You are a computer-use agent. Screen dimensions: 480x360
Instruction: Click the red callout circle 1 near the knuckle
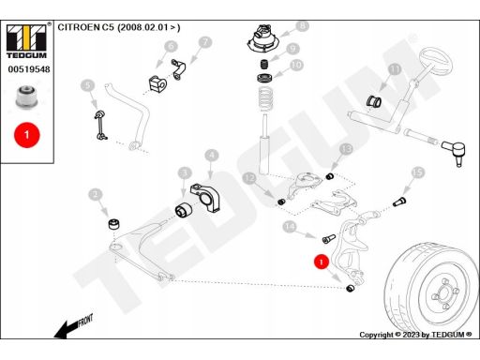pos(322,262)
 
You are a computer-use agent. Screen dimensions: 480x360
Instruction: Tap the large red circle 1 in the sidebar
pos(27,135)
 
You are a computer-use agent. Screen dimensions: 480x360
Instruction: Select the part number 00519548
pos(29,69)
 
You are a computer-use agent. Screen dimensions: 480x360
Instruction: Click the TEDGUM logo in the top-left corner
pos(26,41)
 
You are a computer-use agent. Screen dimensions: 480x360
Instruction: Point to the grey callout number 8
pos(302,26)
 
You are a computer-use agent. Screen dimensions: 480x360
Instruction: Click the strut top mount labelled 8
pos(262,39)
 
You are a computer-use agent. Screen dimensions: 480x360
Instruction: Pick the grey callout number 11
pos(395,69)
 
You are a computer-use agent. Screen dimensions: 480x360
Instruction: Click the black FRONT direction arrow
pos(74,327)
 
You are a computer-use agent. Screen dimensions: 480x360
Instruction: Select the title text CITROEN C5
pos(86,27)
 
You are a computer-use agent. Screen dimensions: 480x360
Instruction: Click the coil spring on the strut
pos(266,99)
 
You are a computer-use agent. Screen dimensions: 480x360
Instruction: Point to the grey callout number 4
pos(212,155)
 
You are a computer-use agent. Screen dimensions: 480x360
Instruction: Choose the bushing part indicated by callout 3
pos(185,209)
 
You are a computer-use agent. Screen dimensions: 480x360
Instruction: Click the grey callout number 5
pos(87,85)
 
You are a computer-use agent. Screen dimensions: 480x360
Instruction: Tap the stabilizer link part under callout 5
pos(100,125)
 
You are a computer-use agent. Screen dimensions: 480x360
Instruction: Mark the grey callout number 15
pos(417,172)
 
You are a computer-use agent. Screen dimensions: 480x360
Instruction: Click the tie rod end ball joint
pos(455,152)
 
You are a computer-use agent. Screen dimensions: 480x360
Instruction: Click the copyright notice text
pos(415,335)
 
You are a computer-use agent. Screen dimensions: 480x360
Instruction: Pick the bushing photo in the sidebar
pos(26,97)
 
